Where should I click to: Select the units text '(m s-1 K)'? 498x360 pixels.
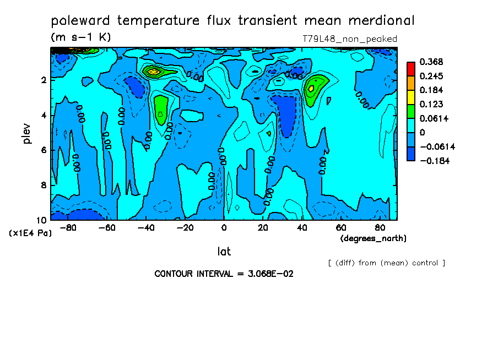tap(81, 37)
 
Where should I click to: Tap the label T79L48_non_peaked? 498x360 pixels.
tap(349, 39)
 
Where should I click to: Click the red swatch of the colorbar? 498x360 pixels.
tap(410, 68)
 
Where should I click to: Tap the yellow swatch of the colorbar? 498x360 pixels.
tap(410, 97)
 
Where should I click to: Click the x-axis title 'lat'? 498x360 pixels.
tap(224, 252)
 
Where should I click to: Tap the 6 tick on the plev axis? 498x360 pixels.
tap(44, 150)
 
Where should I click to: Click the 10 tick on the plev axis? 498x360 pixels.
tap(42, 220)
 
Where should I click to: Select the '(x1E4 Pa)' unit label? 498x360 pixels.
tap(30, 233)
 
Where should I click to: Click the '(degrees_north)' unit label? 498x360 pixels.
tap(373, 238)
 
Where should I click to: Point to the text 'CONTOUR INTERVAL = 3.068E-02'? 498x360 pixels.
tap(224, 274)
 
